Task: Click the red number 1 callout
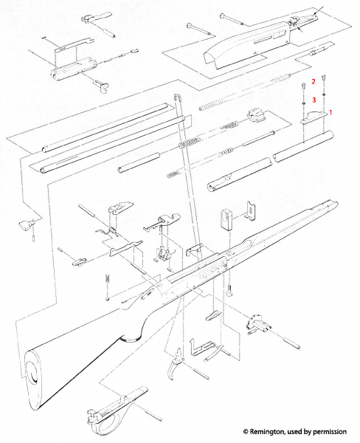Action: pos(330,112)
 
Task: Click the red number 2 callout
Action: pos(313,81)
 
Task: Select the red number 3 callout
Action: pos(314,100)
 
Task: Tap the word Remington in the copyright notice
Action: pos(267,431)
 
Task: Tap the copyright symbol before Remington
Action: pos(246,432)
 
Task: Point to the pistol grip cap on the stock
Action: pos(131,338)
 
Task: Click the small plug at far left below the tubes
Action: pos(26,224)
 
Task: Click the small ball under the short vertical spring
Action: pos(107,298)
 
